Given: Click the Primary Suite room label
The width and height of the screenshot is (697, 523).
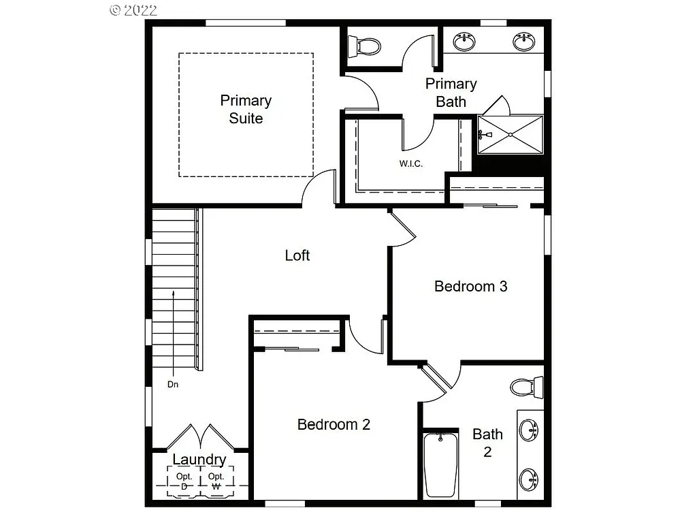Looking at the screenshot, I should tap(246, 109).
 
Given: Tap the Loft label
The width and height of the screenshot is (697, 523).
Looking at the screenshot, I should tap(297, 255).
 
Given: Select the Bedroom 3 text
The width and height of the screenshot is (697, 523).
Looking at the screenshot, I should tap(471, 286).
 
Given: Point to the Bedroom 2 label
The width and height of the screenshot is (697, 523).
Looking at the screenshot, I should tap(334, 424).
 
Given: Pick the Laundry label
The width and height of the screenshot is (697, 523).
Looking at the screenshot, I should tap(199, 460).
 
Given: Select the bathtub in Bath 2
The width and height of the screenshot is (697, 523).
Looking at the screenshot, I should tap(440, 465).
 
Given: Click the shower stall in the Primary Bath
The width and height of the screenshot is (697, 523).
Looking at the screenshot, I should tap(510, 135).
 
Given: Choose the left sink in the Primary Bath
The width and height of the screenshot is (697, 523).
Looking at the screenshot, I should tap(465, 42).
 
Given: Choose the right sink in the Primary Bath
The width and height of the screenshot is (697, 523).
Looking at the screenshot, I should tap(523, 42).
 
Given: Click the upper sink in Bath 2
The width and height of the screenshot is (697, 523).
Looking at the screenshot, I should tap(529, 430).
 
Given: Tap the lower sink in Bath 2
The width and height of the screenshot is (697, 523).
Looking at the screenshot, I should tap(529, 479).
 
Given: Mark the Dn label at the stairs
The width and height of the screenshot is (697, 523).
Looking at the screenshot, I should tap(173, 384).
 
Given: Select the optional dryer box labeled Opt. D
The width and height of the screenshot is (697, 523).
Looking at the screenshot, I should tap(184, 481).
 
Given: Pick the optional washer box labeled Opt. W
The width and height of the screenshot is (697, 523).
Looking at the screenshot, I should tap(216, 481).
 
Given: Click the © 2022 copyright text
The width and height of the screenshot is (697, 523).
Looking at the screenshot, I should tap(133, 10).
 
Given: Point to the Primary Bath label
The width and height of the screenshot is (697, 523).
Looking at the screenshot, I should tap(451, 93).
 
